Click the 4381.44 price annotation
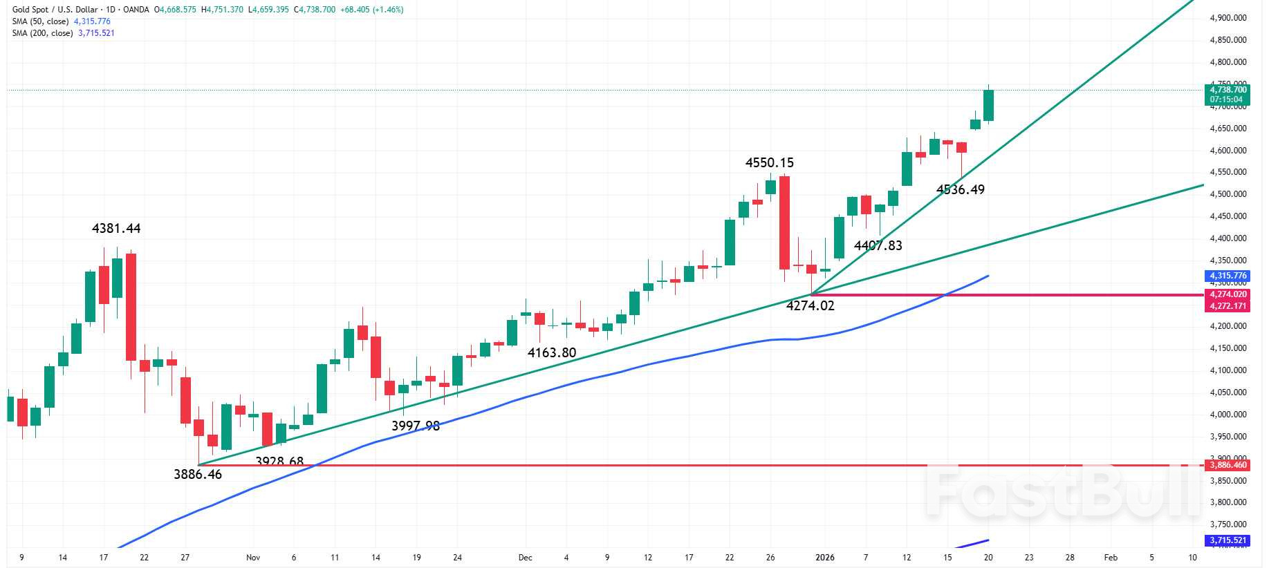[116, 228]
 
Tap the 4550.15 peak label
[769, 162]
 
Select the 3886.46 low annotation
[198, 474]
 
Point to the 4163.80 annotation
[551, 352]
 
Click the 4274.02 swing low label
[810, 305]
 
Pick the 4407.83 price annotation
[878, 245]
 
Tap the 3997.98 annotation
[415, 426]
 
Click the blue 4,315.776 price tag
[1228, 276]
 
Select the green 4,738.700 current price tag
[1228, 90]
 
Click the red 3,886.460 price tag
[1228, 465]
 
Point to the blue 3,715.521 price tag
[1228, 540]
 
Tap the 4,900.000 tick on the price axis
[1228, 18]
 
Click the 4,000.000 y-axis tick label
[1228, 415]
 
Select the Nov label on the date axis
[253, 557]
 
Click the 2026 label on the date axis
[825, 557]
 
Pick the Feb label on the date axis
[1111, 557]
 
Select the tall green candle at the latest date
[988, 105]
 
